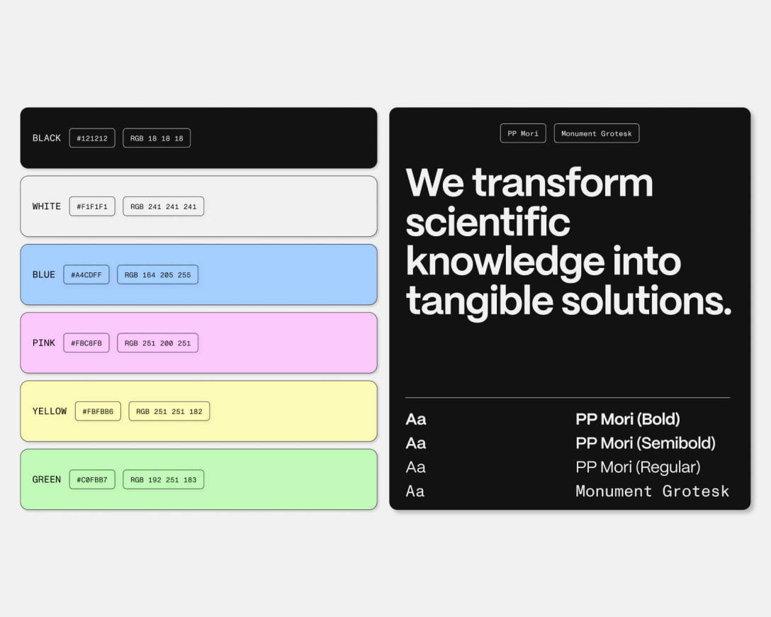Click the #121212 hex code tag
92,138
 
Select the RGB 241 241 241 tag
163,206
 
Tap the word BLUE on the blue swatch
44,274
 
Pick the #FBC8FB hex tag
86,343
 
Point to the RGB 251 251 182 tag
169,411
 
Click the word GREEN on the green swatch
47,479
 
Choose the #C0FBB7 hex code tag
92,479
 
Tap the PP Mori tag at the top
523,133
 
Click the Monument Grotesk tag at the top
597,133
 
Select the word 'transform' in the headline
563,183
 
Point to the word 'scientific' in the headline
488,223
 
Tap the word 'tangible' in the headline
480,302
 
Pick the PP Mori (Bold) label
628,419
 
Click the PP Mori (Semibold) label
646,443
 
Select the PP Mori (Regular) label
638,467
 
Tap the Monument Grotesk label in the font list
653,491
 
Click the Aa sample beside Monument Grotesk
415,491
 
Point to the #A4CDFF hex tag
86,274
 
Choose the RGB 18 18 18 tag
157,138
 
